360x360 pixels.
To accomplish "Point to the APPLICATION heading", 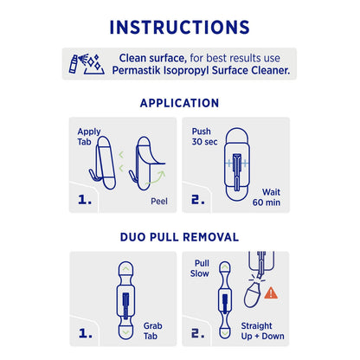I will coord(179,103).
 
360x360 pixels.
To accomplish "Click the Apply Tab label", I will coord(89,139).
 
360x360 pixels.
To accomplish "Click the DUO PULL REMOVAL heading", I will coord(179,236).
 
